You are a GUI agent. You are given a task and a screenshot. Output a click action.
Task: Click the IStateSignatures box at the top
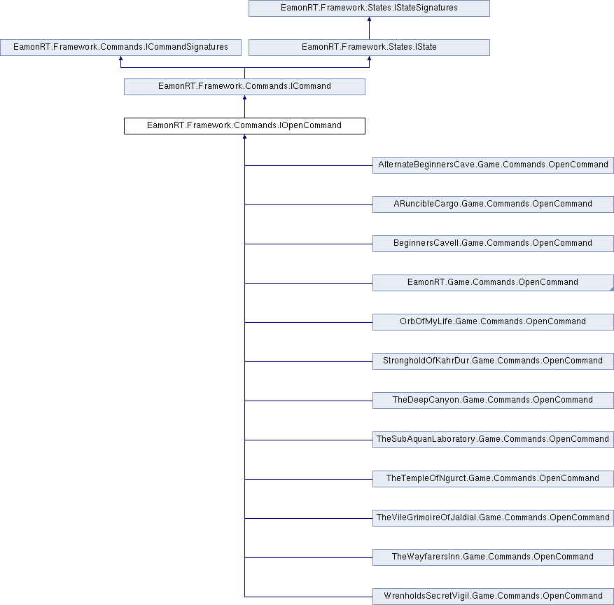coord(369,8)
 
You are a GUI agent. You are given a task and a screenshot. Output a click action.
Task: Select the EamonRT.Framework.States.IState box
coord(369,48)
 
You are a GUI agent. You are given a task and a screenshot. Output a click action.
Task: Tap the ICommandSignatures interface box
coord(120,48)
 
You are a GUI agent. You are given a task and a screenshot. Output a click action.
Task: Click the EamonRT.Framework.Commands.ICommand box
coord(244,87)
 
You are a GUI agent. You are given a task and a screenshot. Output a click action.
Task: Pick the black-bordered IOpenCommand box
coord(244,126)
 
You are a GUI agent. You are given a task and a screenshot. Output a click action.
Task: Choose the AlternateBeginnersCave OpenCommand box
coord(493,165)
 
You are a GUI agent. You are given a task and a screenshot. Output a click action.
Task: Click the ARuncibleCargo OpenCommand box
coord(493,204)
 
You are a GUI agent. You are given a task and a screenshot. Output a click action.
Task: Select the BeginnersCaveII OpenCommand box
coord(493,243)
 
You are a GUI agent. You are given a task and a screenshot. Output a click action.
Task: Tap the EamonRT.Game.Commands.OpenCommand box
coord(493,282)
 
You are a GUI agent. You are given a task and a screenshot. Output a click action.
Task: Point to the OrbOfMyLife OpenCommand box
coord(493,321)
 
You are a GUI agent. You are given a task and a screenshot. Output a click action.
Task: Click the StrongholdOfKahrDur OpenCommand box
coord(493,361)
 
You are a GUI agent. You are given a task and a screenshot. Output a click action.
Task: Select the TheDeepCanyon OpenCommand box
coord(493,400)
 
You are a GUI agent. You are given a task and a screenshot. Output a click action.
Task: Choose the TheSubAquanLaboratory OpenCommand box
coord(493,439)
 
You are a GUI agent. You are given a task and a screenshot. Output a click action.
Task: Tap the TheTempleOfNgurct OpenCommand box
coord(493,478)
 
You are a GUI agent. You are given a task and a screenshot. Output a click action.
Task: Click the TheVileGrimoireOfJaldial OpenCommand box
coord(493,517)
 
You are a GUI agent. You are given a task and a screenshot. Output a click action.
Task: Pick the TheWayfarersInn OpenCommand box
coord(493,557)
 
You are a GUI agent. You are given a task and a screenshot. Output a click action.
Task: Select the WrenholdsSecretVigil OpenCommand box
coord(493,596)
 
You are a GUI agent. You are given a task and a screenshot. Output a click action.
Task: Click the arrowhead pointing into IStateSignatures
coord(369,19)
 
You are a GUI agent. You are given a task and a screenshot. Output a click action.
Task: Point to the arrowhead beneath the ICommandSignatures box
coord(120,58)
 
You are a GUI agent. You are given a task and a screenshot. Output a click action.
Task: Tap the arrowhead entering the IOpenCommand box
coord(244,137)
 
